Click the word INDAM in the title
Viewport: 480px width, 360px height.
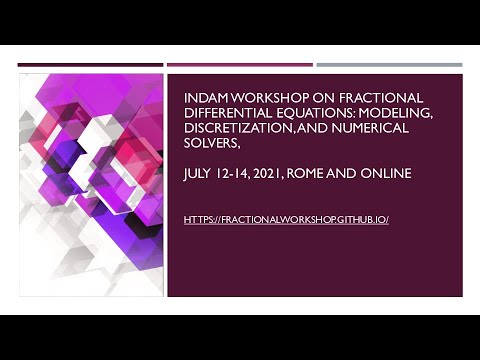204,97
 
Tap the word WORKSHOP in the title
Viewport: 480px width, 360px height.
262,97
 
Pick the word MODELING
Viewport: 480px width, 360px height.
394,113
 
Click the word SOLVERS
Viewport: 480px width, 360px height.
215,145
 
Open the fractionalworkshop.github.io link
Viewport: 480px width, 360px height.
286,218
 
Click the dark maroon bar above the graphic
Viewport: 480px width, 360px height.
90,65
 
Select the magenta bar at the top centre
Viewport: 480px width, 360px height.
239,65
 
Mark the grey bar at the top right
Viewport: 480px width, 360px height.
389,65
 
